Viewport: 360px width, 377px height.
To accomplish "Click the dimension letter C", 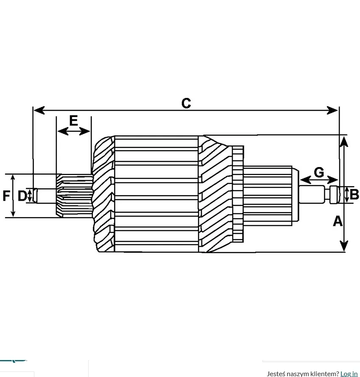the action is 186,103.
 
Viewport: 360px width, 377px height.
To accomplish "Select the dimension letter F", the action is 6,195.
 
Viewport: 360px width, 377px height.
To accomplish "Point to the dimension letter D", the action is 22,196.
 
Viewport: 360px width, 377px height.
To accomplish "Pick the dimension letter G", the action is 319,173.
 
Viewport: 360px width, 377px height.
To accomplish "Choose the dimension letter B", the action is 354,194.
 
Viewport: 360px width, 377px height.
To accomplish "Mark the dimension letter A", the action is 338,221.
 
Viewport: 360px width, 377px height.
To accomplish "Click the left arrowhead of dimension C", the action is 39,110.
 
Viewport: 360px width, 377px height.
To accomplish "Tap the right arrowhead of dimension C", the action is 332,110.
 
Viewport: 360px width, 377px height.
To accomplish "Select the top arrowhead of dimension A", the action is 344,142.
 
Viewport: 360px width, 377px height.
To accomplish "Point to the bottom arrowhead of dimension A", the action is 344,246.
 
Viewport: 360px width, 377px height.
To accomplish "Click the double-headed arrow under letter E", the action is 74,131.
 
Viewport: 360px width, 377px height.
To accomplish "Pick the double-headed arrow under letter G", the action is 319,180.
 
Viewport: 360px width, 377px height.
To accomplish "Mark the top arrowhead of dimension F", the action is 13,178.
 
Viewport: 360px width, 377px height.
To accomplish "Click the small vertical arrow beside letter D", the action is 30,195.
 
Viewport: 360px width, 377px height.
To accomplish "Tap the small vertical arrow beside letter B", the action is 347,195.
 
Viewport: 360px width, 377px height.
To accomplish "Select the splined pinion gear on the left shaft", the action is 74,195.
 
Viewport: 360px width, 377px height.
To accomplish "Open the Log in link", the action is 349,374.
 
